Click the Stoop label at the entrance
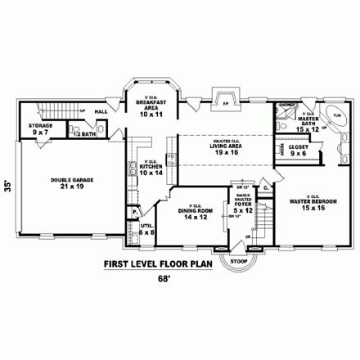(x=238, y=262)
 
